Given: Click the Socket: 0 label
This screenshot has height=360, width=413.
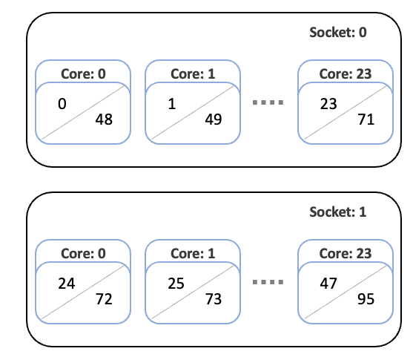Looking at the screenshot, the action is (x=338, y=33).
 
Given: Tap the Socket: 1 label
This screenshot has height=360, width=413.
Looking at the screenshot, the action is (x=338, y=212).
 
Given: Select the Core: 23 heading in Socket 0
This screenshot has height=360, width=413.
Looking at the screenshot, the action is (x=346, y=73).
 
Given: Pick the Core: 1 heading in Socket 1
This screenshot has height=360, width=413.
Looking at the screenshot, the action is (x=193, y=253).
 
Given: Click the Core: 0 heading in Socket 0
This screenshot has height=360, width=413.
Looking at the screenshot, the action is (x=83, y=73).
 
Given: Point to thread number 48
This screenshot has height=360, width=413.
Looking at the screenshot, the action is (x=104, y=120).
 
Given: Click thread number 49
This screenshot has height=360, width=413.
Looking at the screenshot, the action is (x=214, y=120).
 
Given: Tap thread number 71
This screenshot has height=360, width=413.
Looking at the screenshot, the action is (x=366, y=120).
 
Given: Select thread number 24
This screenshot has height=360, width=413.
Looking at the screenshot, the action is (x=67, y=284).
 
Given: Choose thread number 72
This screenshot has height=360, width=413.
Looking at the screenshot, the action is (x=104, y=299).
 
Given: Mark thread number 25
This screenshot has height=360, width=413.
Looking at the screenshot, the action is (x=176, y=284).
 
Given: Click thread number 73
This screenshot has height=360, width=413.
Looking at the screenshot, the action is (x=214, y=299).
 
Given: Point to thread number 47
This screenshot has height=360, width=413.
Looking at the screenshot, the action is (x=328, y=284).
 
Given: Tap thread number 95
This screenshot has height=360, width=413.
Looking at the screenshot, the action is (x=366, y=299).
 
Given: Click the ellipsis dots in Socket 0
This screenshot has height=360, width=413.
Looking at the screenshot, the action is (x=268, y=102).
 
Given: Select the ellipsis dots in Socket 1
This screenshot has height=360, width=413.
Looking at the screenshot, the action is (x=268, y=282).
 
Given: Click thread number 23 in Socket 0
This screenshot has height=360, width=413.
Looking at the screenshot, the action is (x=328, y=104).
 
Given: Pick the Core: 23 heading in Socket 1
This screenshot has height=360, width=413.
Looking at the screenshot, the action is (x=346, y=253).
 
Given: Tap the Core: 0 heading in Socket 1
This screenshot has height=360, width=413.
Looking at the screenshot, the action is (x=83, y=253).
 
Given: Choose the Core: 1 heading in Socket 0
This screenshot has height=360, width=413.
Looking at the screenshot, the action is (x=193, y=73).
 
